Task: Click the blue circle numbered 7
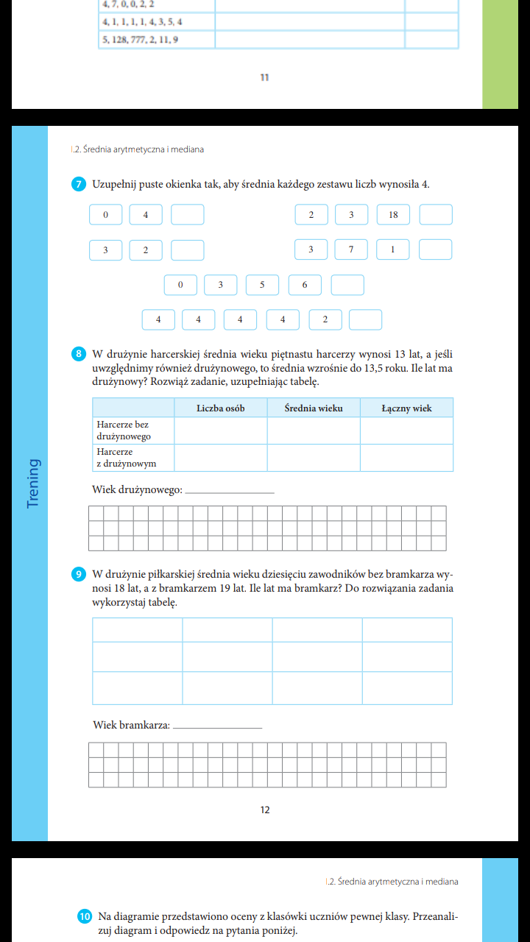[x=79, y=184]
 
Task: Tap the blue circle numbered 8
[x=79, y=354]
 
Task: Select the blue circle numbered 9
[x=79, y=574]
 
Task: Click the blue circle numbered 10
[x=85, y=916]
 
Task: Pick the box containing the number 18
[x=393, y=215]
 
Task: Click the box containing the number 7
[x=351, y=250]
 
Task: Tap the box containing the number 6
[x=305, y=285]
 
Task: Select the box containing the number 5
[x=262, y=285]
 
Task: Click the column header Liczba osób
[x=221, y=408]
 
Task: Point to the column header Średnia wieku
[x=314, y=408]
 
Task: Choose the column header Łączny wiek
[x=406, y=408]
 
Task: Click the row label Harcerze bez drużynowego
[x=124, y=431]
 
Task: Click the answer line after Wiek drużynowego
[x=230, y=491]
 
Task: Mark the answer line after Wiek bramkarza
[x=218, y=726]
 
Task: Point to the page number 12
[x=265, y=810]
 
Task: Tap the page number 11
[x=265, y=77]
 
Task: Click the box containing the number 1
[x=392, y=250]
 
